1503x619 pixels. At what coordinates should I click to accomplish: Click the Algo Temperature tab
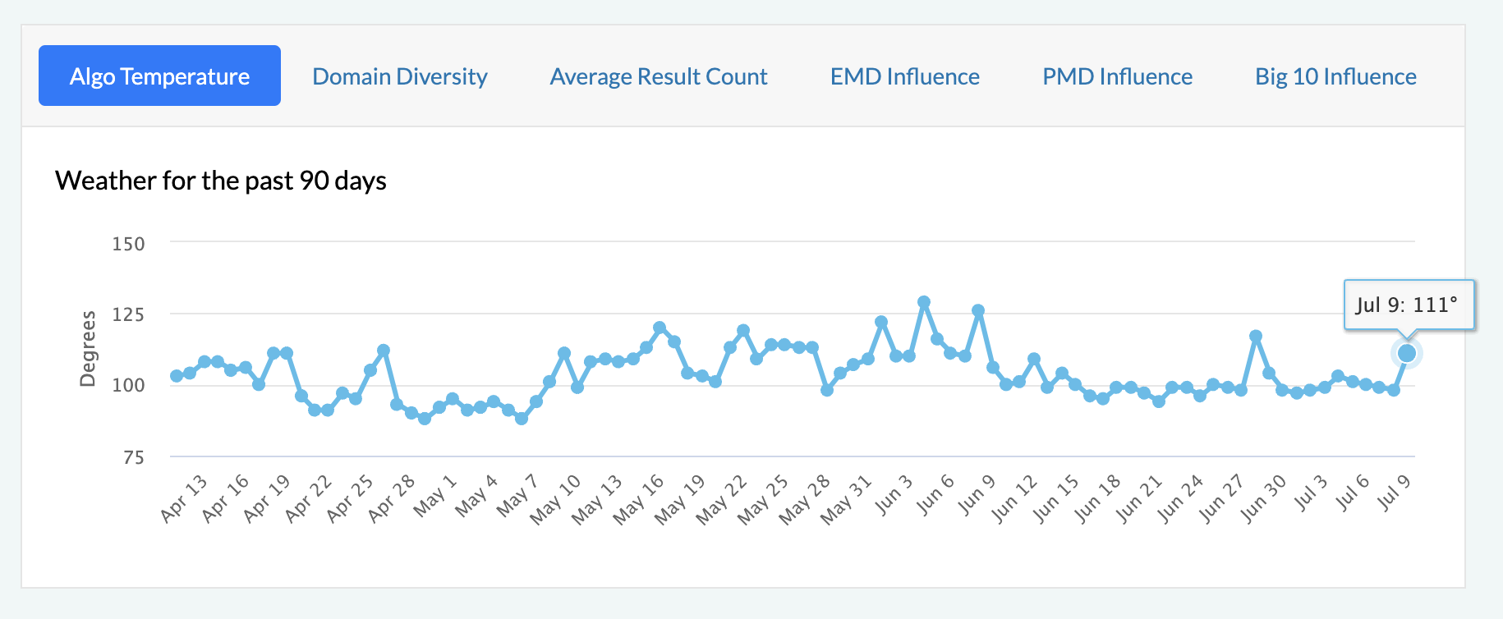[159, 76]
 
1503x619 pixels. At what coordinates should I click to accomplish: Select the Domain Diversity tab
[400, 76]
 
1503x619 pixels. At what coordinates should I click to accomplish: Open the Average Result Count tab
[659, 76]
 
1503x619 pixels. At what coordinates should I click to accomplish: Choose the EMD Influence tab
[904, 76]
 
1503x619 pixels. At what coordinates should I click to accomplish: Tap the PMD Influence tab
[1117, 76]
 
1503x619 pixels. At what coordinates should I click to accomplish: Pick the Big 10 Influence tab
[1335, 76]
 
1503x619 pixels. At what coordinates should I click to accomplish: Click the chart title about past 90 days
[221, 181]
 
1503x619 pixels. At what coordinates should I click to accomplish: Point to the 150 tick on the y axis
[128, 244]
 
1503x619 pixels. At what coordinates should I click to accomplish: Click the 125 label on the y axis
[128, 314]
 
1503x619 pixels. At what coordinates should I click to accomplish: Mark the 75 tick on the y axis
[133, 457]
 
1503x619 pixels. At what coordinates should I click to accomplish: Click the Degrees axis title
[88, 348]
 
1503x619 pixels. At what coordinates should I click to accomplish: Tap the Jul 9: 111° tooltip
[1408, 305]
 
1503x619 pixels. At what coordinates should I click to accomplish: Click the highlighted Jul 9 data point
[1407, 353]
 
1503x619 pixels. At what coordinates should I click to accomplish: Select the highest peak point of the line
[924, 302]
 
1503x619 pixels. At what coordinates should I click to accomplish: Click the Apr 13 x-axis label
[185, 497]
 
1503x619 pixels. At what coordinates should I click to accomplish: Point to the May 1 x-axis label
[435, 495]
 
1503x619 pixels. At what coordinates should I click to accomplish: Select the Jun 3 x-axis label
[894, 494]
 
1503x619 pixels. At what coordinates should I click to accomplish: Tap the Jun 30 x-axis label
[1264, 497]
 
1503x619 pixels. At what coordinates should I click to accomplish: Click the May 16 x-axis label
[639, 497]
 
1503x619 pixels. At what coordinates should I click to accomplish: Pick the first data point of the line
[177, 376]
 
